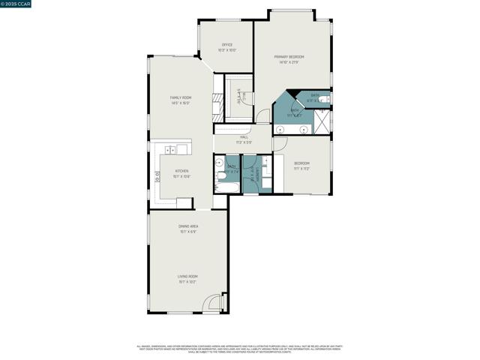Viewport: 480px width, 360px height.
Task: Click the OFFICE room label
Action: point(226,45)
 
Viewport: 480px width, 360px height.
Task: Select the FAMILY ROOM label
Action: point(180,97)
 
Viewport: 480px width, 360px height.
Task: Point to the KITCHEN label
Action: point(181,171)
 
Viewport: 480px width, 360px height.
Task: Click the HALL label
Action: point(244,137)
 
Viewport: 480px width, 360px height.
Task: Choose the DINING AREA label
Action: point(187,226)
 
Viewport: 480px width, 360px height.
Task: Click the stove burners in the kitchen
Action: point(157,177)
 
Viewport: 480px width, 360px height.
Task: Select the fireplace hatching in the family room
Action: point(216,107)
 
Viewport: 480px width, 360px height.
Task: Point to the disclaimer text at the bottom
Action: point(239,349)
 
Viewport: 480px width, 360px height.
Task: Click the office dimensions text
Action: point(226,50)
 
